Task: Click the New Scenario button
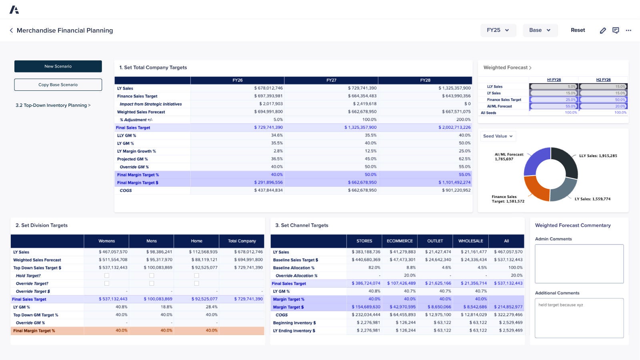click(58, 66)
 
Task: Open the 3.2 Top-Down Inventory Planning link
click(53, 105)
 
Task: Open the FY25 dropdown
click(498, 30)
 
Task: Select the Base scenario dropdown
click(540, 30)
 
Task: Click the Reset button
click(578, 30)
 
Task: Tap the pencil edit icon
click(603, 30)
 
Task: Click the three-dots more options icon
click(628, 30)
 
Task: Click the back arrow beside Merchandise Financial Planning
click(11, 30)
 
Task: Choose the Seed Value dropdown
click(498, 136)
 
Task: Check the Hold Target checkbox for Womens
click(107, 276)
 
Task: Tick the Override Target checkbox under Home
click(196, 283)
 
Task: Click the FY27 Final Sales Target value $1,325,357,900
click(360, 128)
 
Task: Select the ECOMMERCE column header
click(400, 241)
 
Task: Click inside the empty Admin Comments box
click(579, 264)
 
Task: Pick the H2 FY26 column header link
click(603, 80)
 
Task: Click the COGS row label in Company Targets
click(126, 190)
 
